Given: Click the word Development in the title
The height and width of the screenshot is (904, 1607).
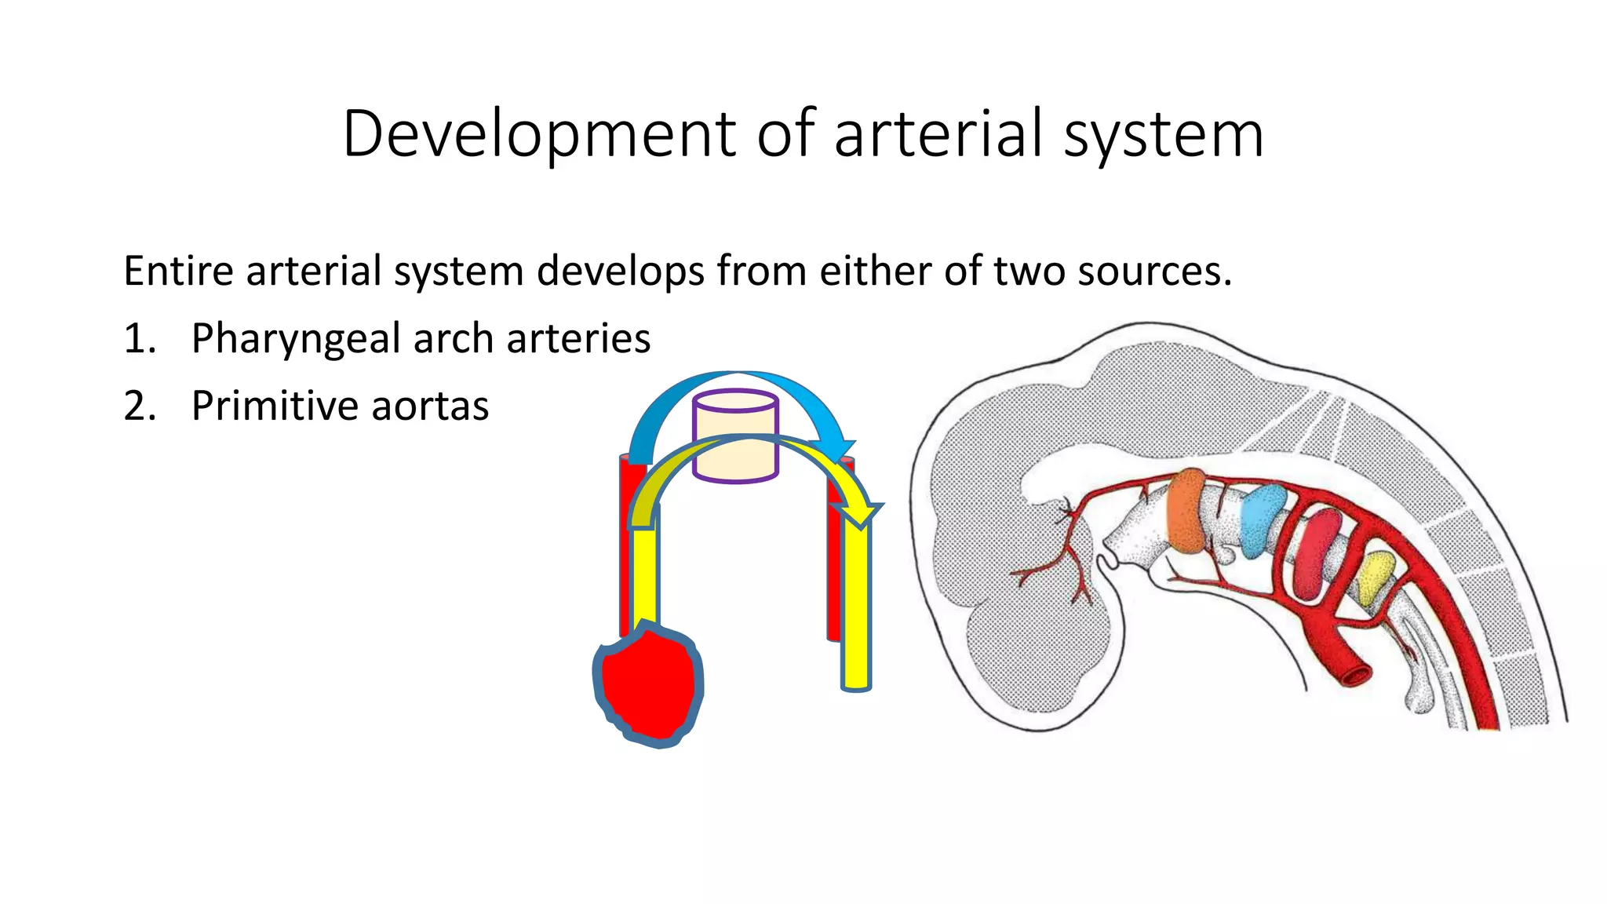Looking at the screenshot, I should pos(538,135).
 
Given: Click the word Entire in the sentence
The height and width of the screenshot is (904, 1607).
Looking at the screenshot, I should pos(179,272).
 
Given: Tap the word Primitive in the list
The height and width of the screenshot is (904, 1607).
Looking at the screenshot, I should pos(275,406).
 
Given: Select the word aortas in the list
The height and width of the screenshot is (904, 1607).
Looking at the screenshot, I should pos(430,406).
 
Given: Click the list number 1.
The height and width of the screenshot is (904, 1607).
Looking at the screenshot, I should pos(140,339).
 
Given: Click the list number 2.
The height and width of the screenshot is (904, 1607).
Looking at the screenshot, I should pos(140,406).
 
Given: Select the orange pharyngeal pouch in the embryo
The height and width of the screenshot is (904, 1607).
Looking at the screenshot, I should pos(1186,510).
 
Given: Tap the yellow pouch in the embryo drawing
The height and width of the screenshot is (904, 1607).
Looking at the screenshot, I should pos(1374,578).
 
